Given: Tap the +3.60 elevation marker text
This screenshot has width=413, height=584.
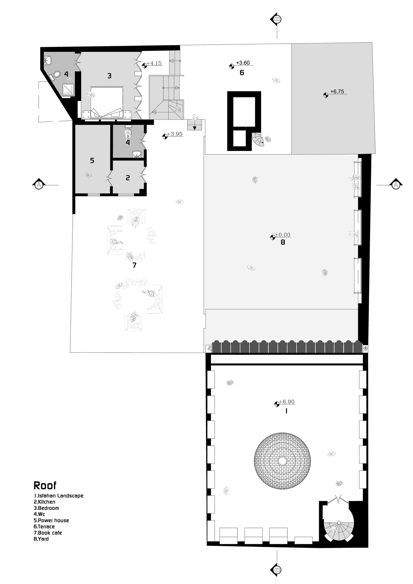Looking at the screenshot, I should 243,63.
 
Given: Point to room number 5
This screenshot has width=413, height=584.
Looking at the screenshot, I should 92,160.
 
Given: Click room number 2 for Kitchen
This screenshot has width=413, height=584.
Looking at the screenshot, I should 128,178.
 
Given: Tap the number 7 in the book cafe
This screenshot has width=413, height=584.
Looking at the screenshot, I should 134,265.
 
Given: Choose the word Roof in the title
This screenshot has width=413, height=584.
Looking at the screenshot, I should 45,486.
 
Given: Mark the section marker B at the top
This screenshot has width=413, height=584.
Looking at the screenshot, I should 277,19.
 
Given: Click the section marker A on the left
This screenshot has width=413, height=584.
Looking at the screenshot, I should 38,185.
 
